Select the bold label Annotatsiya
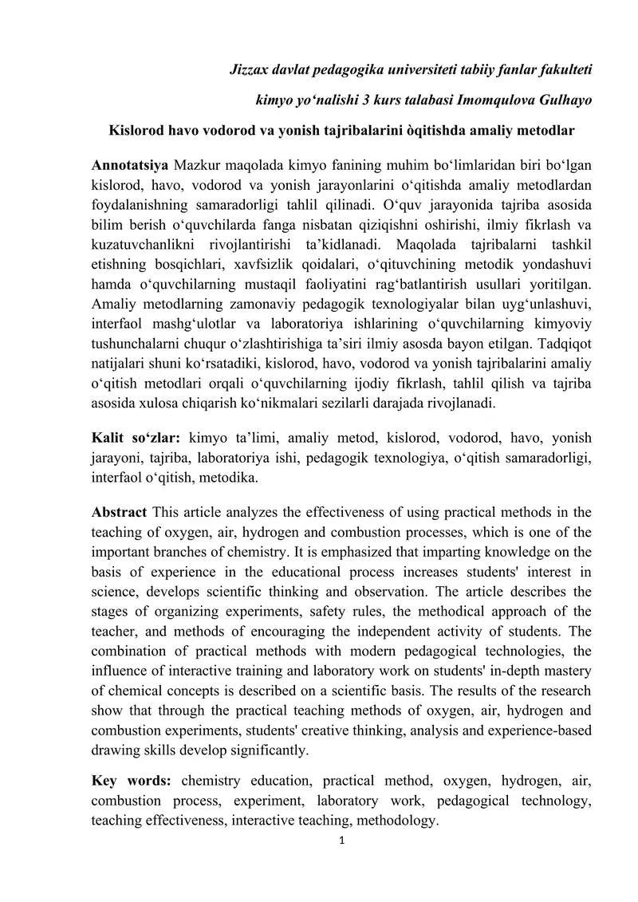(x=130, y=165)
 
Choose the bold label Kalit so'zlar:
(x=136, y=437)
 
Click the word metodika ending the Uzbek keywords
(x=231, y=477)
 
